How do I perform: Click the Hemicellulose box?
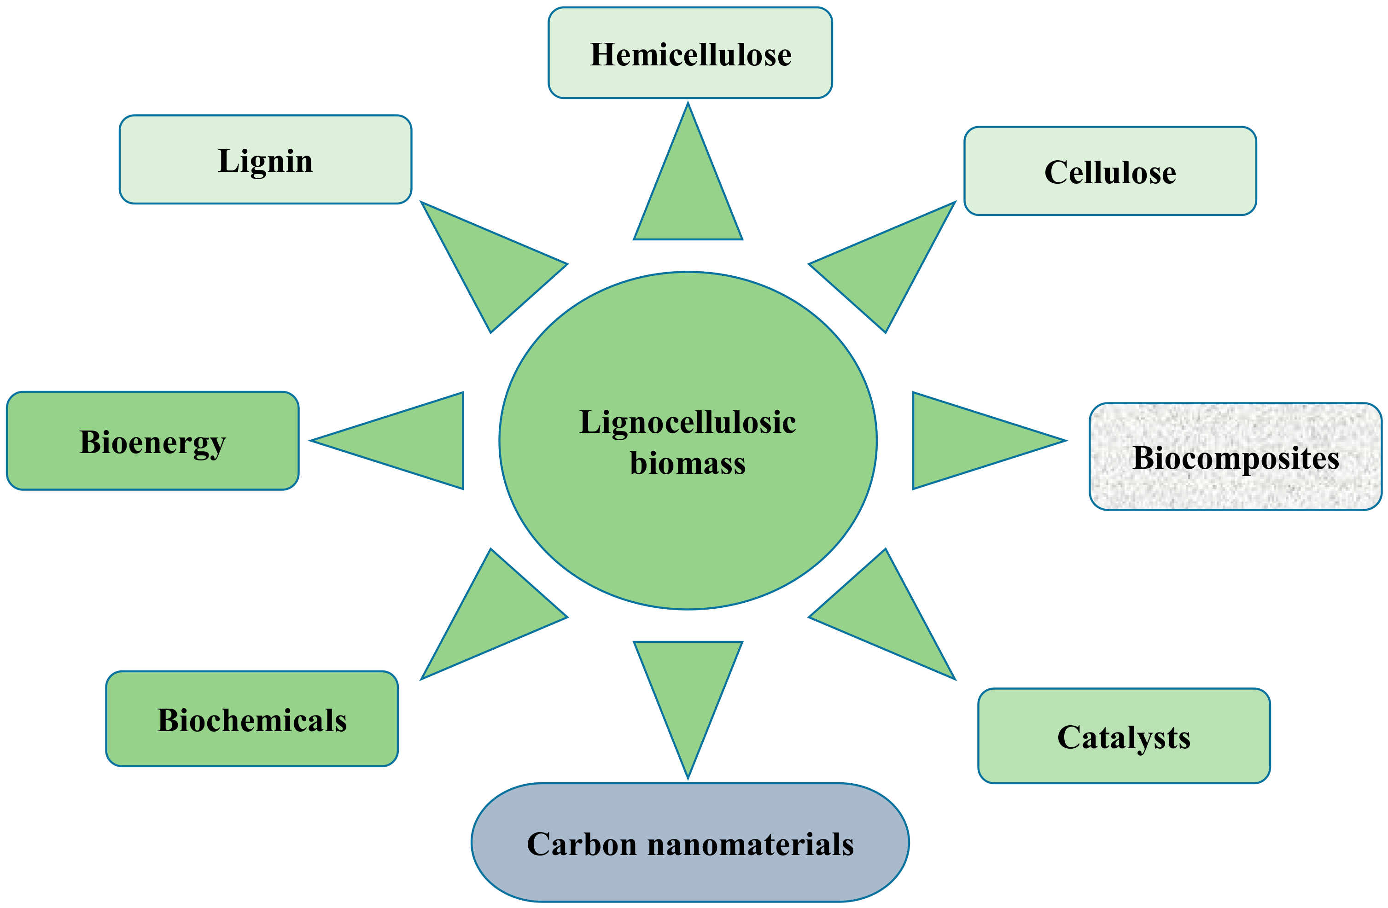(x=690, y=53)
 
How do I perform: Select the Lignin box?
(x=265, y=160)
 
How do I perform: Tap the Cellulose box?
(x=1110, y=171)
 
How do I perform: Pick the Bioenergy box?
(x=152, y=441)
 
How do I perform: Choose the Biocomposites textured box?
(x=1235, y=457)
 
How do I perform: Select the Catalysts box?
(x=1124, y=736)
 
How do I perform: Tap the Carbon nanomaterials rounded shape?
(x=690, y=843)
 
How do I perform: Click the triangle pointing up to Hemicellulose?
(x=688, y=192)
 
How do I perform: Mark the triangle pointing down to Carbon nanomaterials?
(x=688, y=688)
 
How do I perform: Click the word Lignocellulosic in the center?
(x=688, y=422)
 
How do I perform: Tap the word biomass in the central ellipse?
(x=688, y=464)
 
